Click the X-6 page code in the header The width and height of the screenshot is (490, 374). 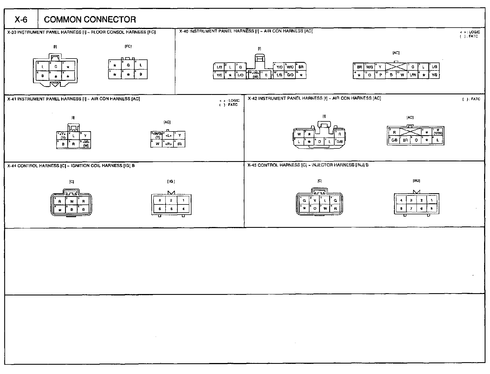click(21, 19)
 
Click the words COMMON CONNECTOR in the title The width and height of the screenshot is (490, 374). click(90, 19)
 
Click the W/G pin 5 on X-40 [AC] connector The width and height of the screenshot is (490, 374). click(369, 67)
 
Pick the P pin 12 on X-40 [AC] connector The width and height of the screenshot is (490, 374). click(380, 75)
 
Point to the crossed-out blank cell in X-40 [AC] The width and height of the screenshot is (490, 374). click(396, 67)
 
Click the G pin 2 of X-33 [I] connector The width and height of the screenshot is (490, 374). click(56, 67)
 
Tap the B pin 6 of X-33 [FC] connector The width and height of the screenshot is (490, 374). click(141, 75)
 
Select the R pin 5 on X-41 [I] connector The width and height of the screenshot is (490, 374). click(73, 144)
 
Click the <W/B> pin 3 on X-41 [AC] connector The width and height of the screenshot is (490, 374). click(156, 135)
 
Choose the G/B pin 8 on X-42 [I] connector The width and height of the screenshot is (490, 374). click(340, 141)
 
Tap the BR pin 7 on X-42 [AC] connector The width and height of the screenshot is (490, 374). click(405, 140)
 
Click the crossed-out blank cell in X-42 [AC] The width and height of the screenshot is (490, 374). click(410, 132)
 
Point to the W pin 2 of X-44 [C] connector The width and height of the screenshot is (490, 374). click(72, 201)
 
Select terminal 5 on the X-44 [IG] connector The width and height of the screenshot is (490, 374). click(171, 209)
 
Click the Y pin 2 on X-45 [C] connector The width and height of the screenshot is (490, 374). click(315, 201)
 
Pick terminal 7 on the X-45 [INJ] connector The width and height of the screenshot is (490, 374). click(411, 209)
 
